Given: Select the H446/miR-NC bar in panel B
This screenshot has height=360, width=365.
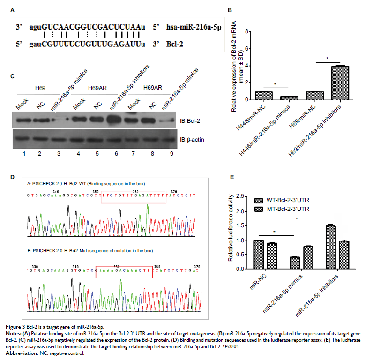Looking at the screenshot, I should click(x=264, y=96).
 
